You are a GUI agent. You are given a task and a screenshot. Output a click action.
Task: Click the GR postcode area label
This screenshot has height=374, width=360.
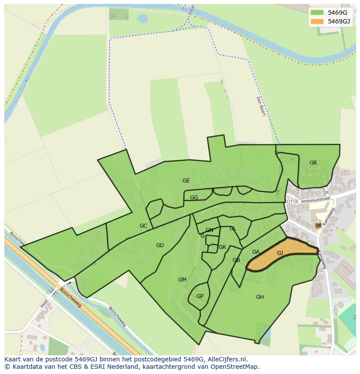coord(313,163)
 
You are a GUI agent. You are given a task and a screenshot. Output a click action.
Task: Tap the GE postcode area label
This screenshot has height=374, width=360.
coord(186,181)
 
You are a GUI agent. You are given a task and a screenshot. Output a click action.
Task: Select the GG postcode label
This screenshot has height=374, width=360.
coord(194,198)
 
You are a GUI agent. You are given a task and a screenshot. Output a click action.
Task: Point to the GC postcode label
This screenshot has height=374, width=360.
coord(143,226)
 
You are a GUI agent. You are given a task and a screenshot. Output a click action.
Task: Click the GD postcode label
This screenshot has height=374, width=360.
coord(160,245)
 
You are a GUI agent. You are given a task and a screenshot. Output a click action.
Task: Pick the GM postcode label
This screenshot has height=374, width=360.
coord(182,280)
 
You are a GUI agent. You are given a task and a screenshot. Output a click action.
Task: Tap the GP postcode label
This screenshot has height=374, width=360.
coord(200,296)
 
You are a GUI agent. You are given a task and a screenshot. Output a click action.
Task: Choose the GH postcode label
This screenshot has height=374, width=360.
coord(260,297)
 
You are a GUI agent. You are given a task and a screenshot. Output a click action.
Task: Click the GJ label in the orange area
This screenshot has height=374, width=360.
coord(280,253)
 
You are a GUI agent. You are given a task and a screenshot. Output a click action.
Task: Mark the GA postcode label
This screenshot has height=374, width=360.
coord(256,252)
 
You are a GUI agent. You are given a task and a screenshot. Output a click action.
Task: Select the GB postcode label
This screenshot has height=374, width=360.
coord(236,260)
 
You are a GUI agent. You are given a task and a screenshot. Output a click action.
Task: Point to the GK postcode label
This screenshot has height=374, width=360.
coord(222,247)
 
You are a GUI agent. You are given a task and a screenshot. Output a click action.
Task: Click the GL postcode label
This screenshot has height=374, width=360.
coord(233,228)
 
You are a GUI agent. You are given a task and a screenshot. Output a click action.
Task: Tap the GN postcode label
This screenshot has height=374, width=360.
coord(210,230)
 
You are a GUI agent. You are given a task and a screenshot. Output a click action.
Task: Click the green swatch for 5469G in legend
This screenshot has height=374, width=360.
coord(317,13)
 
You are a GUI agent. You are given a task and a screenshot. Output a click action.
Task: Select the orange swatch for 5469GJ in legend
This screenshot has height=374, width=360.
coord(317,21)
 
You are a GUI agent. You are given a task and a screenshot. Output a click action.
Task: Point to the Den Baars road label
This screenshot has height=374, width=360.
coord(260,106)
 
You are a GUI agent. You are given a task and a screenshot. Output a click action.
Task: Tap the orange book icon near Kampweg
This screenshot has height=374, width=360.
coord(318,225)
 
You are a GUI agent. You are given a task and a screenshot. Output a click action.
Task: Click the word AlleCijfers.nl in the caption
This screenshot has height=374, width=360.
coord(226,359)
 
